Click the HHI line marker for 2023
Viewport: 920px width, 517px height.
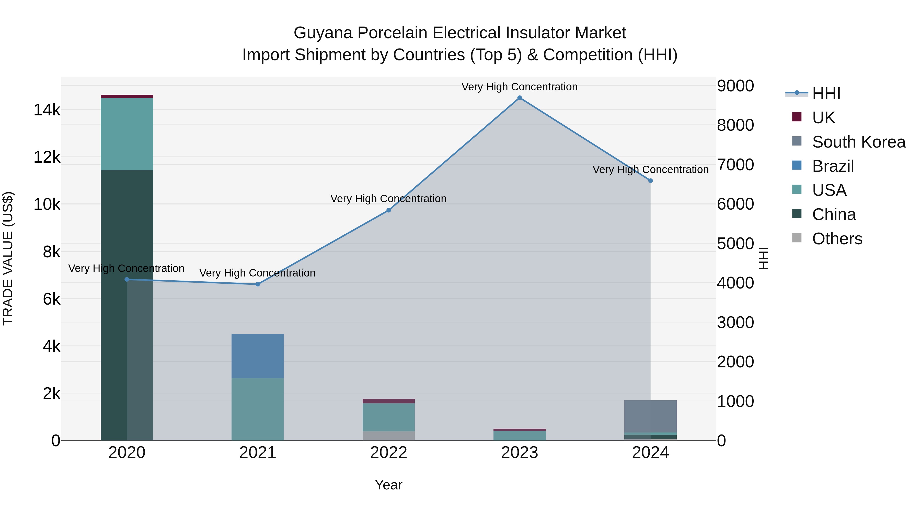tap(520, 98)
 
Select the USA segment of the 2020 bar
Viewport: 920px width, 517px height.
tap(127, 134)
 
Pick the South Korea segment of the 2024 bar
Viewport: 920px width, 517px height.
tap(650, 416)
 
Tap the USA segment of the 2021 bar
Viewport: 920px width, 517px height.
tap(258, 409)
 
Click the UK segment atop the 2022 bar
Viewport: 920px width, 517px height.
tap(388, 401)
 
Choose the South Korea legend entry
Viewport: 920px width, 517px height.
tap(859, 142)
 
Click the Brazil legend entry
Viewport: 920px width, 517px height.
tap(833, 166)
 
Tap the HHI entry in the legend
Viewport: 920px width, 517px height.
tap(826, 93)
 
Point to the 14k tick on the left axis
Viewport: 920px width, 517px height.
tap(47, 110)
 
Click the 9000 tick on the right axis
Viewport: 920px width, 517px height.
tap(735, 86)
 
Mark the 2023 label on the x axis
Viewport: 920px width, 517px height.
tap(520, 453)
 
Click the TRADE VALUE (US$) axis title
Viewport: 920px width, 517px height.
tap(8, 258)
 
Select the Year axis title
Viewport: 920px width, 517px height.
tap(388, 485)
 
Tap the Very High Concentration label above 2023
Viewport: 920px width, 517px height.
tap(520, 87)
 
